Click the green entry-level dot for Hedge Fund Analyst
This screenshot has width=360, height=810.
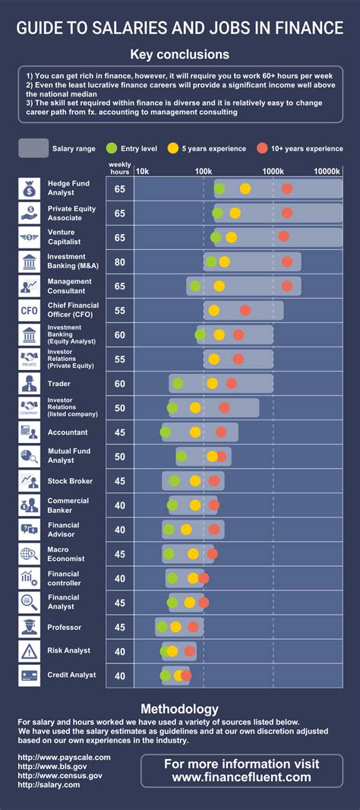pos(219,188)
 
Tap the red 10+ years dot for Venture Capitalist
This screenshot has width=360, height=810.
pos(283,236)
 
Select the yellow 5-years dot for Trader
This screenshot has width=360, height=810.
pos(212,383)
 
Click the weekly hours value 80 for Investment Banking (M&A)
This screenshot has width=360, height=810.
pos(120,261)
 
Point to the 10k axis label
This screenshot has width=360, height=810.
pos(142,171)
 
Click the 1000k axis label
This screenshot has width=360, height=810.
pos(273,171)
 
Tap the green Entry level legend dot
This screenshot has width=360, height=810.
pos(111,148)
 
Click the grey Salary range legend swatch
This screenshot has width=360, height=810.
pos(33,148)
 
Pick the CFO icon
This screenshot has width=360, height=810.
pos(30,310)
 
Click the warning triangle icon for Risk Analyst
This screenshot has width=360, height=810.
pos(30,650)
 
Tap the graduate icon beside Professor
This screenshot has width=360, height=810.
pos(30,627)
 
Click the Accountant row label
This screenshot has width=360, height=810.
pos(68,432)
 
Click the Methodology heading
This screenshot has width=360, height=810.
pos(179,709)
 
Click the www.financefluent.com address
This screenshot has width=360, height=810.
pos(242,777)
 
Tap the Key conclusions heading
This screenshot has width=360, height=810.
pos(179,54)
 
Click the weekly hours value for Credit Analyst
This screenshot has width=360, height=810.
pos(120,676)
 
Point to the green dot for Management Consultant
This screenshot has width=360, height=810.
pos(195,286)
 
